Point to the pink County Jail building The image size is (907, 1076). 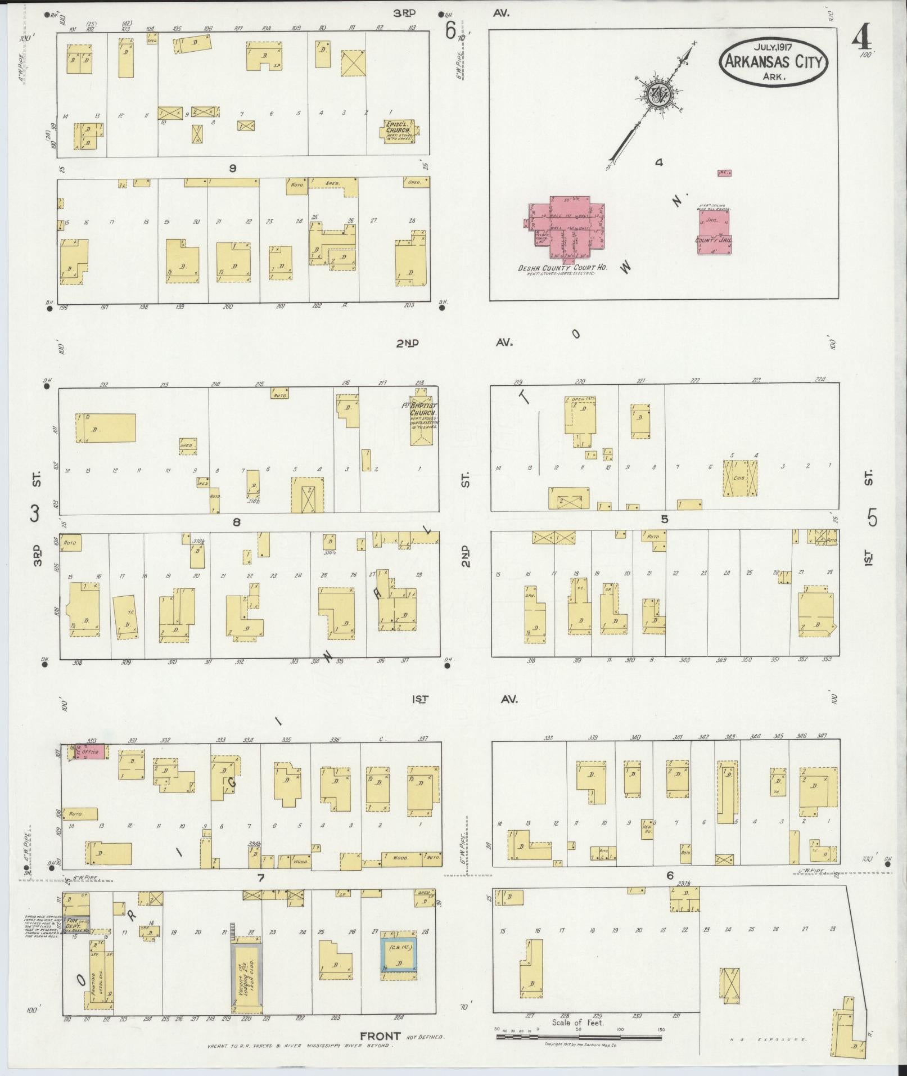714,232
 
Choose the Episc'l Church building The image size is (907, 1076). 399,131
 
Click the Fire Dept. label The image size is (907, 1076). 74,924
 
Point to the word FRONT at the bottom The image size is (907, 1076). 380,1036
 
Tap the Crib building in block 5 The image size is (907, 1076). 740,478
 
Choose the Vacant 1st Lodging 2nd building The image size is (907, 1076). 247,978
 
